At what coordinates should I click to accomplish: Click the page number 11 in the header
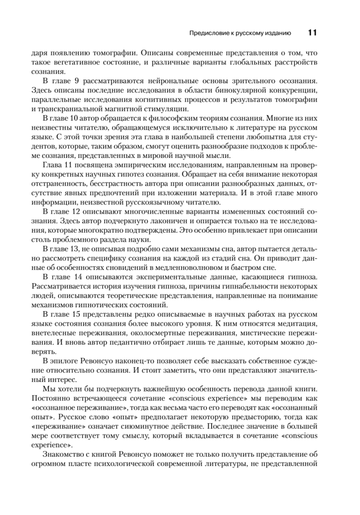coord(312,33)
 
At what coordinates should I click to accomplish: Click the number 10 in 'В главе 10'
coord(81,118)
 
